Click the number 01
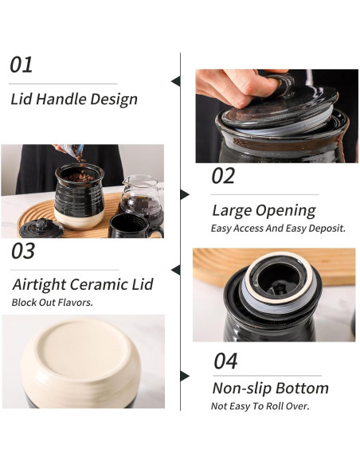point(21,65)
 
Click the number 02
point(223,175)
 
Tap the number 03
point(23,251)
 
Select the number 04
point(225,361)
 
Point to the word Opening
point(286,211)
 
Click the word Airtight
point(40,285)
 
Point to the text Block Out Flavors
point(53,303)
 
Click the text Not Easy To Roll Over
point(260,406)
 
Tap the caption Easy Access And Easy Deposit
point(278,229)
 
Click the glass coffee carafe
point(141,197)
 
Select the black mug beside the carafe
point(135,226)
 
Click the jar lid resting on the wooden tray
point(41,229)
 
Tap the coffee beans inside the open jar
point(80,178)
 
